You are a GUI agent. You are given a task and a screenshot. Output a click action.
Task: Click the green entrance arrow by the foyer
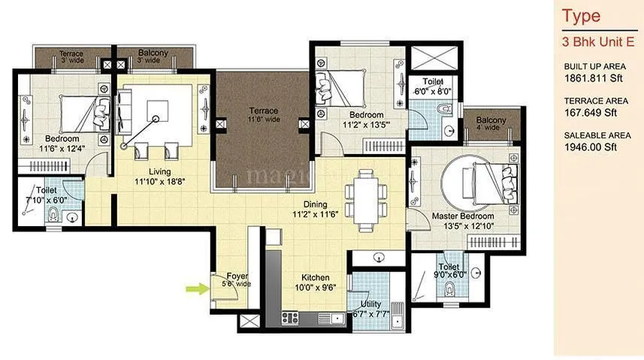point(195,286)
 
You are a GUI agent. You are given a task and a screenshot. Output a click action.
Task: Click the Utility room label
point(370,304)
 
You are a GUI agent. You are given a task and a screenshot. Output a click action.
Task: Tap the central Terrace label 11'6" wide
point(264,115)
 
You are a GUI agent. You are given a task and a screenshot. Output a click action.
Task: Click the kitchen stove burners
point(291,317)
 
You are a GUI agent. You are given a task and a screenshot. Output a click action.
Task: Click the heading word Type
point(582,15)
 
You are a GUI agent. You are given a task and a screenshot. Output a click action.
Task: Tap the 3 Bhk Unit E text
point(597,41)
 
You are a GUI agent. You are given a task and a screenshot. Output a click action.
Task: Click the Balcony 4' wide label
point(490,123)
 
